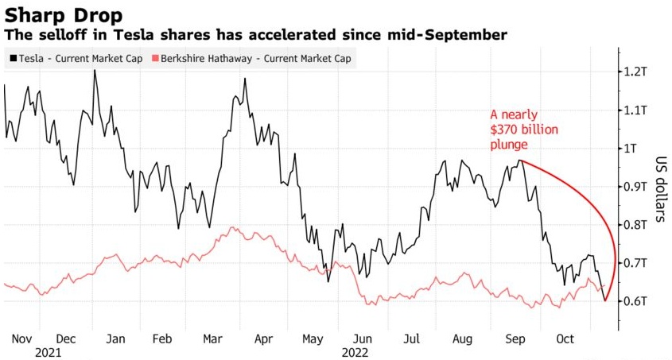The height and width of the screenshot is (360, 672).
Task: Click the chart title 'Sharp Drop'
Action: coord(63,14)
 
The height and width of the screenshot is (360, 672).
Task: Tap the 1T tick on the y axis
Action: coord(631,149)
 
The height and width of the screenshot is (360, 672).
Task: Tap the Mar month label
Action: coord(212,339)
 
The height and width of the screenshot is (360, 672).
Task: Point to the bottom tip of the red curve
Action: coord(606,300)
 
